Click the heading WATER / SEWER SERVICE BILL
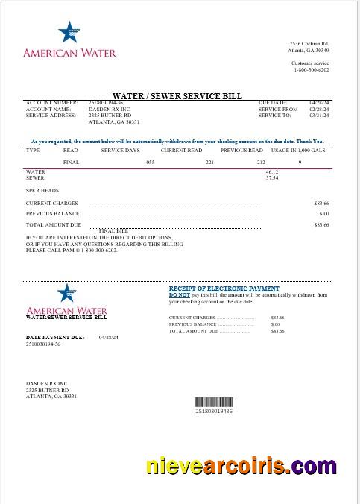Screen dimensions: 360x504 pos(178,96)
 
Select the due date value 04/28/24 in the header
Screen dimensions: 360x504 pos(318,102)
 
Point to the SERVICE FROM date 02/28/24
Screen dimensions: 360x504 pos(319,109)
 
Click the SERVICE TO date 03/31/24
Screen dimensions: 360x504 pos(319,116)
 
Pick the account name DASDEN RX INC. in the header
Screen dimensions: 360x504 pos(109,109)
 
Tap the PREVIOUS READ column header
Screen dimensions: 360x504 pos(241,150)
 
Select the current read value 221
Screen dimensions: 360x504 pos(210,162)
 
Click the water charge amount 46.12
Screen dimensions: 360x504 pos(272,172)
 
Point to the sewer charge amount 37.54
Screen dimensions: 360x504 pos(272,178)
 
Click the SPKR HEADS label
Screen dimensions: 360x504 pos(42,190)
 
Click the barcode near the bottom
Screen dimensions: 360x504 pos(213,402)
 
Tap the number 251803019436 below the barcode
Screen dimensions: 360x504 pos(214,411)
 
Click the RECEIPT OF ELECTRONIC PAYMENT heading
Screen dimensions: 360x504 pos(224,289)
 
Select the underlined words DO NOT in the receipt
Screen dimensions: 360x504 pos(180,294)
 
